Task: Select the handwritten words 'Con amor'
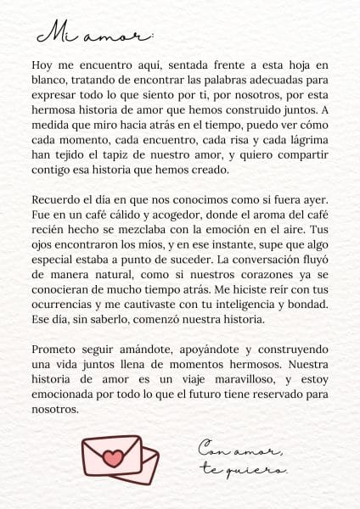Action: click(x=242, y=449)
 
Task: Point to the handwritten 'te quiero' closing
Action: click(x=243, y=469)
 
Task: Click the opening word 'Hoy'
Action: click(x=42, y=64)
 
